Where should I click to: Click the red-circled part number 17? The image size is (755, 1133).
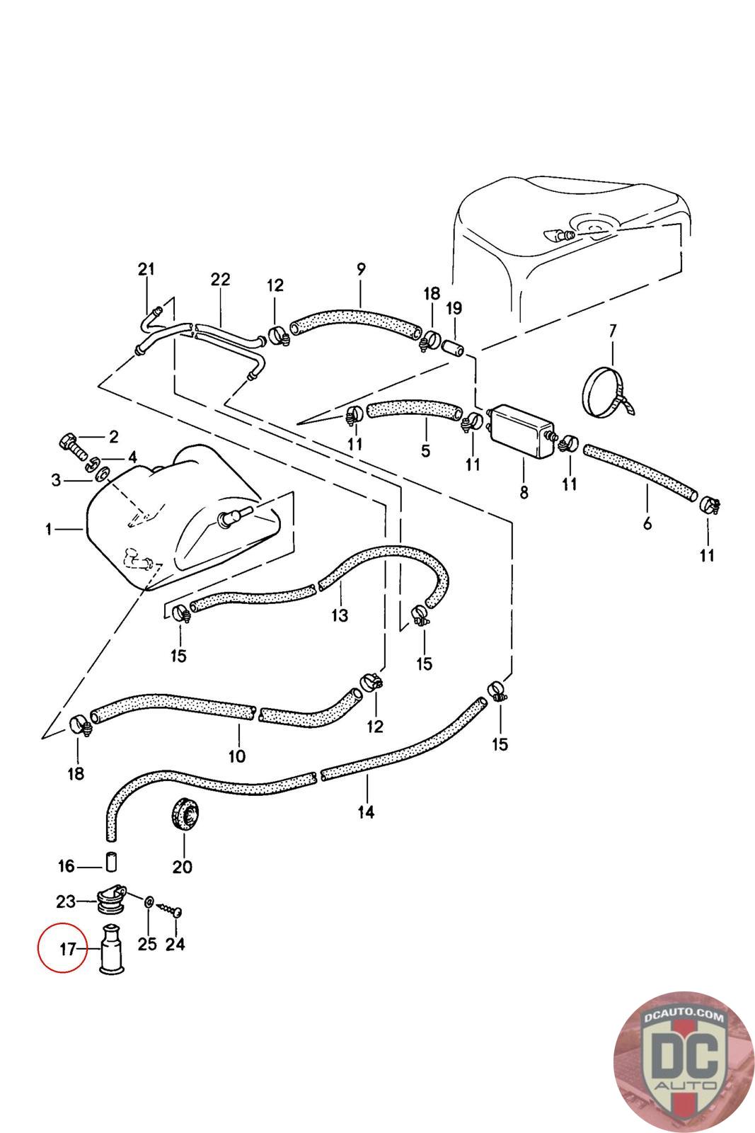pos(67,949)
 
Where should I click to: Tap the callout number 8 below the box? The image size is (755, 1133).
pos(524,492)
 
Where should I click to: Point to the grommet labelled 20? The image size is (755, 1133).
pos(183,815)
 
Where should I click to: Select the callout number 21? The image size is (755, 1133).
pos(146,269)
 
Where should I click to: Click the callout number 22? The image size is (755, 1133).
pos(220,279)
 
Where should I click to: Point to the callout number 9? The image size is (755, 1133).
pos(361,269)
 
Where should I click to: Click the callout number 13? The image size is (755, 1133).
pos(340,615)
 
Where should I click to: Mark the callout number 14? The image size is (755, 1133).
pos(365,812)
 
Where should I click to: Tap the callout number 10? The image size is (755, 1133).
pos(237,756)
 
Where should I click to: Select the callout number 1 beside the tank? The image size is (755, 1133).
pos(48,529)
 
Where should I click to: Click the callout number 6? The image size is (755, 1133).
pos(647,524)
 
